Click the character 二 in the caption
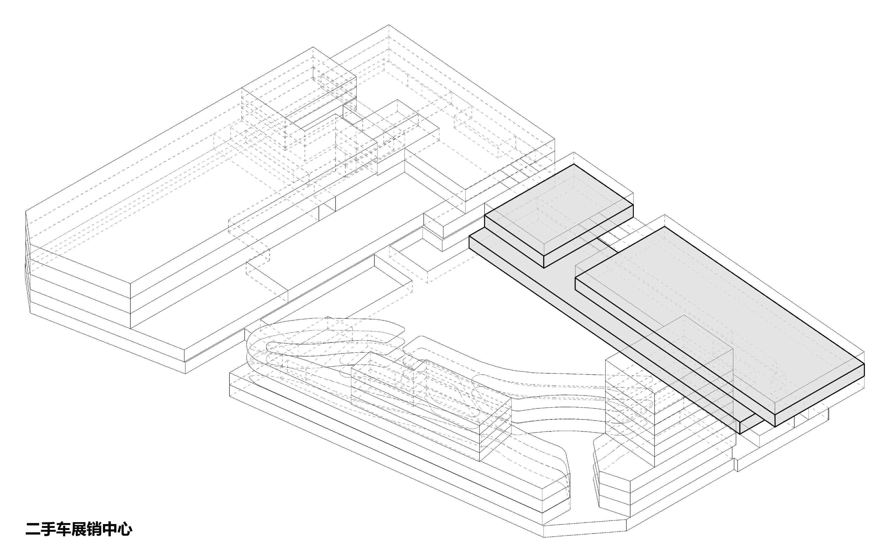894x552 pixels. tap(33, 529)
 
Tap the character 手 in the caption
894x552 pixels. tap(48, 529)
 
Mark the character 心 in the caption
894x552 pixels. tap(125, 529)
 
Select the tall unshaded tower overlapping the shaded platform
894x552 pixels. tap(669, 394)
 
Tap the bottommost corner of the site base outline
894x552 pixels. tap(544, 537)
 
